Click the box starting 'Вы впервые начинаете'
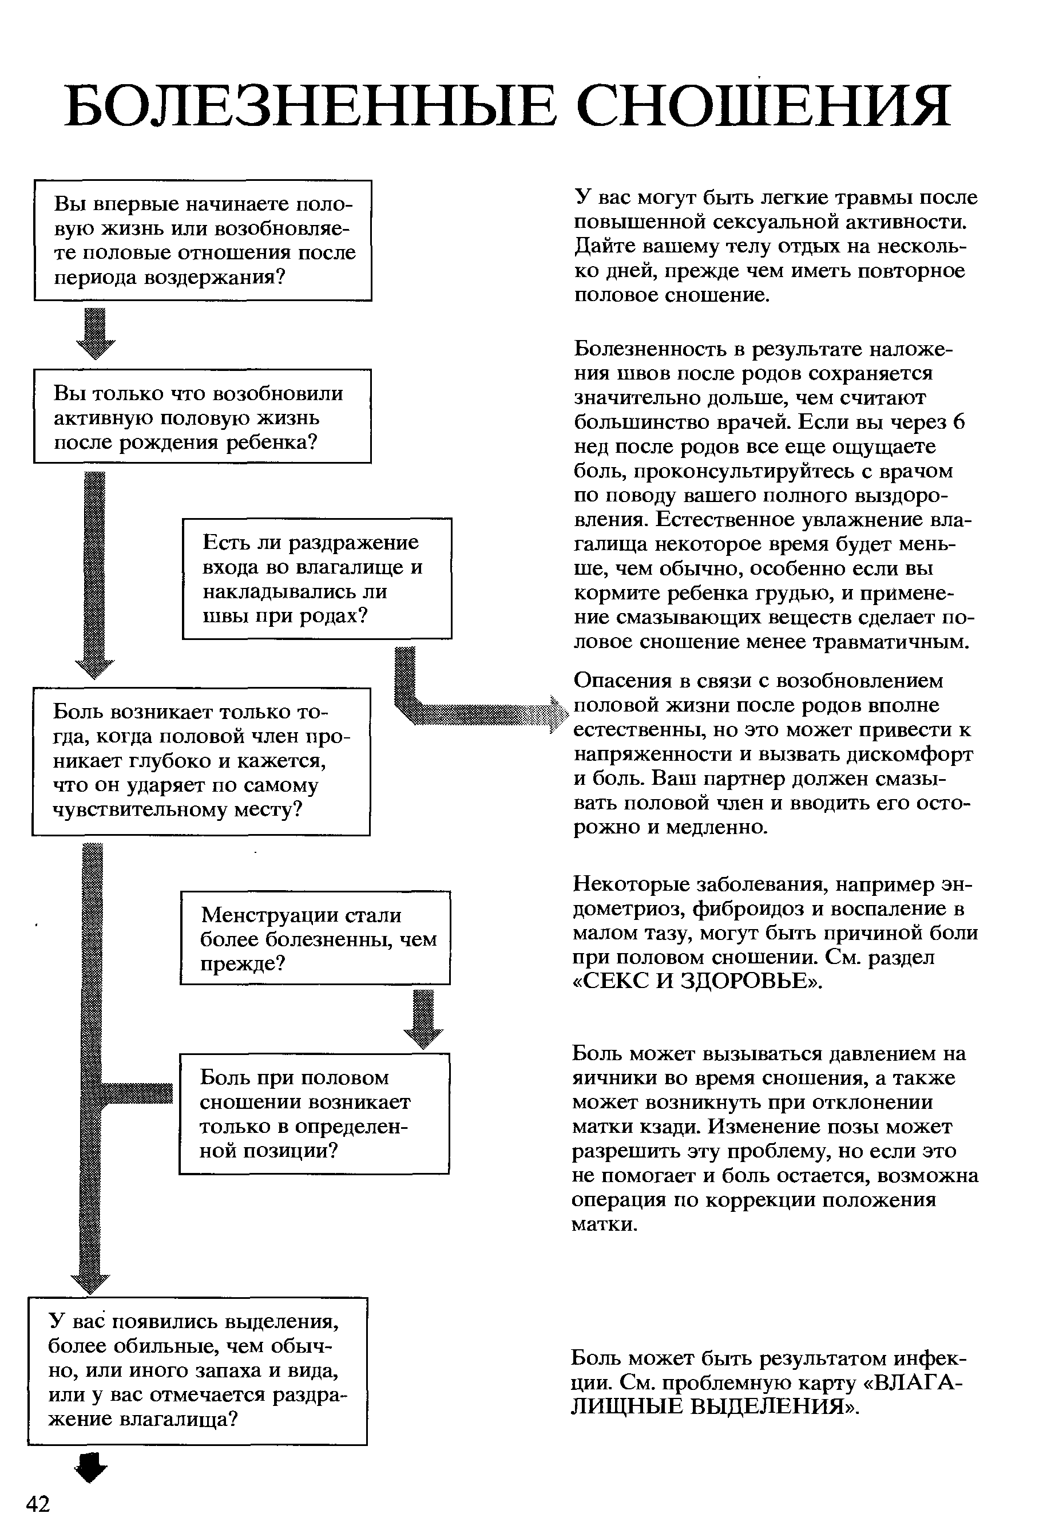click(203, 240)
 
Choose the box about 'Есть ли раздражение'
click(317, 578)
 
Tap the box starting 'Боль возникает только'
click(201, 761)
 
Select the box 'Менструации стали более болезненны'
click(316, 938)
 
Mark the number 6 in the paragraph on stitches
click(958, 422)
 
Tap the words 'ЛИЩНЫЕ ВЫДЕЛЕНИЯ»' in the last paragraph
click(715, 1407)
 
